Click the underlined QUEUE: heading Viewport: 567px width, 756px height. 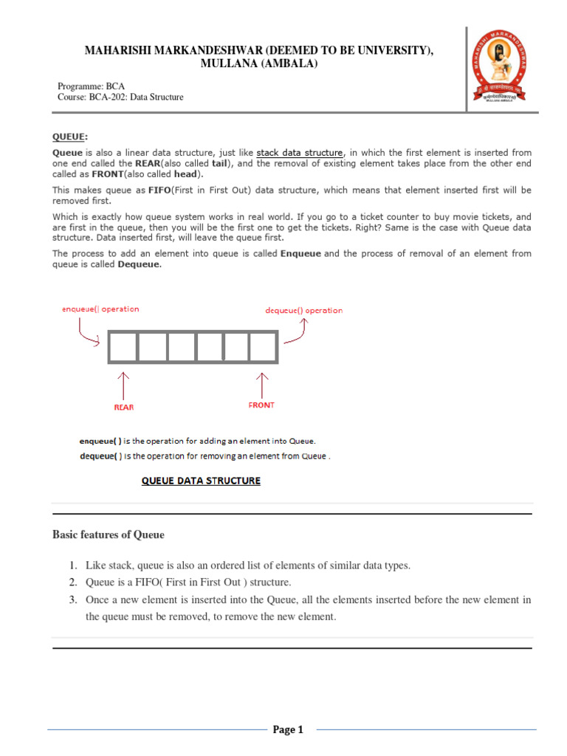coord(70,137)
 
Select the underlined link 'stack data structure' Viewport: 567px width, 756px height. coord(300,153)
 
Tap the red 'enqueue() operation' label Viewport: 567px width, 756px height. coord(100,309)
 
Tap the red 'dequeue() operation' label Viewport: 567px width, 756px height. coord(303,311)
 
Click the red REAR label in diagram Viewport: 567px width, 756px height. coord(123,407)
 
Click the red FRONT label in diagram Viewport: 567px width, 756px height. coord(261,405)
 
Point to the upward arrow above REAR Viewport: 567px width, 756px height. coord(123,385)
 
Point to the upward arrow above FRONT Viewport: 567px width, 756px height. coord(261,383)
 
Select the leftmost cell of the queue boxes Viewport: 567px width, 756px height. coord(123,347)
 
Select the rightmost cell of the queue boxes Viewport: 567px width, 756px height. coord(262,347)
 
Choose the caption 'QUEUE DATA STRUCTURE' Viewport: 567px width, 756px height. coord(201,481)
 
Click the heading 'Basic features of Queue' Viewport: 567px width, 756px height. coord(109,535)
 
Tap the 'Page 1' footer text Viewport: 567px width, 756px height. coord(288,730)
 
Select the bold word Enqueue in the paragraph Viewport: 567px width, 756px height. coord(302,253)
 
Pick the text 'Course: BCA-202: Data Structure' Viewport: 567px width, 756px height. coord(120,97)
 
